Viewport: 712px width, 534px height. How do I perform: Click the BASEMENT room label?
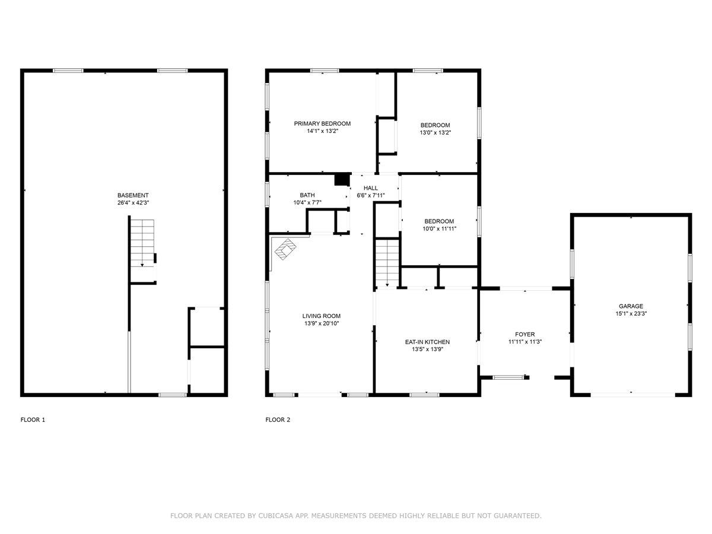tap(133, 195)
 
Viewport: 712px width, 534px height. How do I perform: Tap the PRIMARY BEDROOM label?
tap(322, 123)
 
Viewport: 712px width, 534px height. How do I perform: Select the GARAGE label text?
tap(631, 306)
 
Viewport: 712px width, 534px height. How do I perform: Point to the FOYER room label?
tap(525, 334)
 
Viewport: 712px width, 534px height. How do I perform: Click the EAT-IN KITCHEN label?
tap(427, 342)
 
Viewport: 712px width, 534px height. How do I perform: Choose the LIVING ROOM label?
tap(321, 316)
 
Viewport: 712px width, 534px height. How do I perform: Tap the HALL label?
tap(370, 188)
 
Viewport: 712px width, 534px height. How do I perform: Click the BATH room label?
tap(307, 195)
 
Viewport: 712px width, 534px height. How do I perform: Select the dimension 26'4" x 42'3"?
tap(133, 203)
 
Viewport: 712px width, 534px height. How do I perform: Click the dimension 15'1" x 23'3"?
tap(631, 313)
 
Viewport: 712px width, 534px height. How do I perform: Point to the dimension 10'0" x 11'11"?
tap(439, 228)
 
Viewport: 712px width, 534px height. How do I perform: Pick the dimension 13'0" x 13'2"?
tap(436, 132)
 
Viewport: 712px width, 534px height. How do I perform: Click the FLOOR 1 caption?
tap(33, 420)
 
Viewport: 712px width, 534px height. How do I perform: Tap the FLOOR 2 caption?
tap(278, 420)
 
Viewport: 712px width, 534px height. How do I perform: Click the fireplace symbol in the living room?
tap(285, 249)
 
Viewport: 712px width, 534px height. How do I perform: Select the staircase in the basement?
tap(142, 243)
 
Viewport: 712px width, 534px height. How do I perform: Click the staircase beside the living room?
tap(387, 263)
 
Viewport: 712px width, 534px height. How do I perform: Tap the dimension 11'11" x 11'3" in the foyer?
tap(525, 342)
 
